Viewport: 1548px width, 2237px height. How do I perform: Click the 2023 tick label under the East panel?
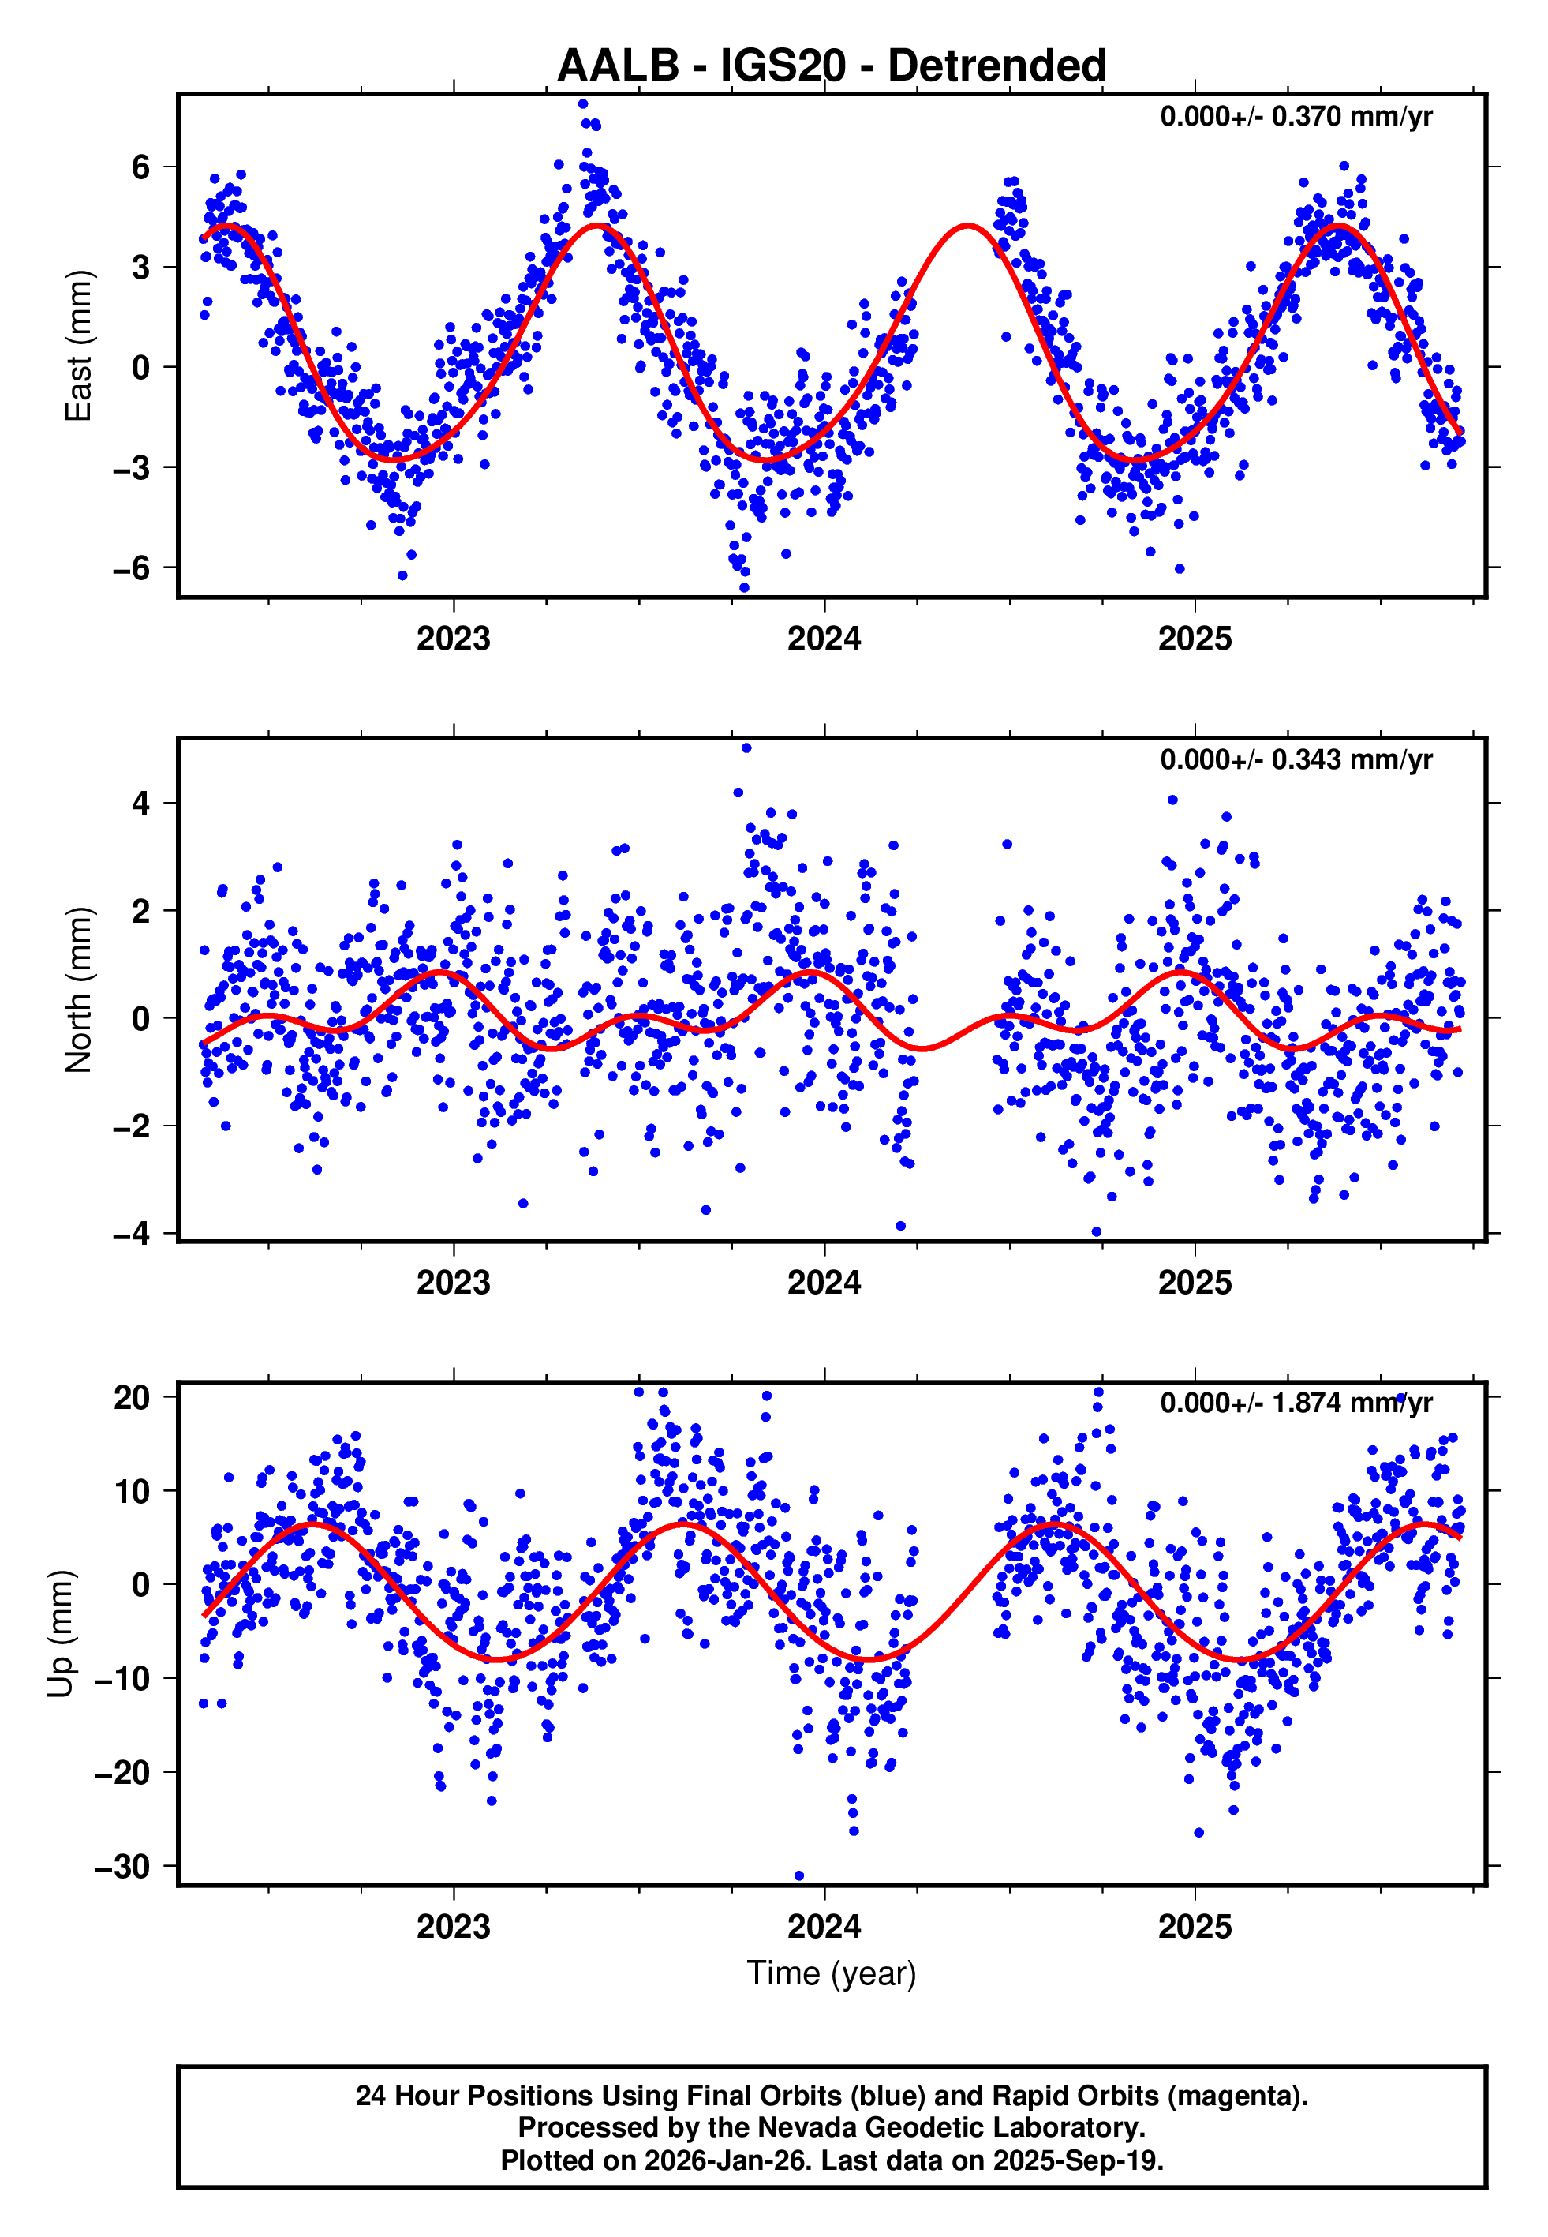pos(453,639)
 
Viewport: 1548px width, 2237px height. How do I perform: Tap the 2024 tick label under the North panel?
pos(824,1283)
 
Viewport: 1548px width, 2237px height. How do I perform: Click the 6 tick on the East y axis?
pos(141,167)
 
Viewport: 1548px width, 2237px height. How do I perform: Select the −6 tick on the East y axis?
pos(132,568)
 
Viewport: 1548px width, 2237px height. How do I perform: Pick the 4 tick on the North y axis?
pos(141,804)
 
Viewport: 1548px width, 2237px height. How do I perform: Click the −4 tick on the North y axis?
pos(132,1234)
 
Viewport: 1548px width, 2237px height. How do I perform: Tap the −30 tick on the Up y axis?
pos(123,1867)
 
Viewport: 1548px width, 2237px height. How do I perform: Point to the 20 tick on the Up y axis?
pos(132,1398)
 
